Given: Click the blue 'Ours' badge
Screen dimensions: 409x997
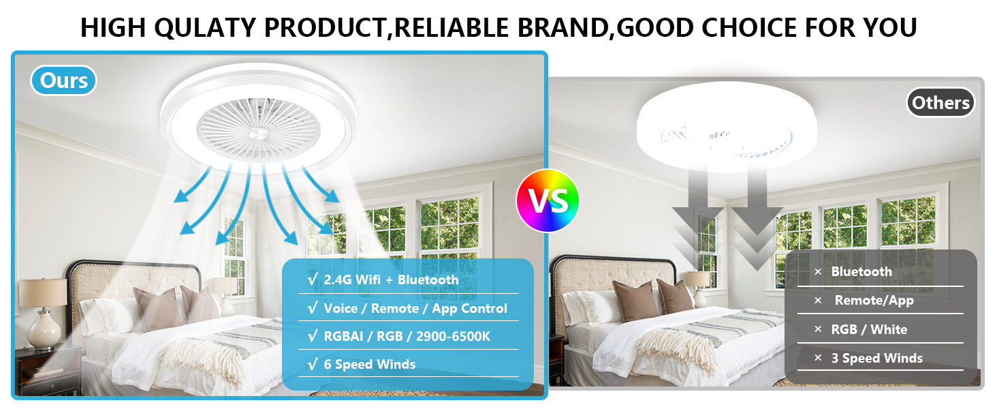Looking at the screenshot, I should tap(64, 80).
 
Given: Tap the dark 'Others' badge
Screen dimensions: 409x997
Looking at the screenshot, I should tap(940, 103).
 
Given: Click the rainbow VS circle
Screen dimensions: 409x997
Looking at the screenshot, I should tap(548, 200).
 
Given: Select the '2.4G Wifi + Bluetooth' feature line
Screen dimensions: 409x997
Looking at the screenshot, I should tap(391, 279).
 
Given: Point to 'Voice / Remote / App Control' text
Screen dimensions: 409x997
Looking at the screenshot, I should tap(415, 308).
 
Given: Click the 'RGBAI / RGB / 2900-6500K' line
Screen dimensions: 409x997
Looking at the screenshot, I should tap(407, 336).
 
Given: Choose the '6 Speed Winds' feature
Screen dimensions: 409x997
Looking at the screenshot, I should tap(369, 364).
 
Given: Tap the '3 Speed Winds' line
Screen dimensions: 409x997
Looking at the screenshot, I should tap(876, 358).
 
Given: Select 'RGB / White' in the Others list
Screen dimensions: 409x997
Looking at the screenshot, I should tap(869, 329).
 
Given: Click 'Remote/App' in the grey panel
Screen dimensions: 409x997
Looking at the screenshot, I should tap(874, 300).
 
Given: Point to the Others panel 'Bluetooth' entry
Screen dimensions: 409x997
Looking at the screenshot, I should tap(861, 271).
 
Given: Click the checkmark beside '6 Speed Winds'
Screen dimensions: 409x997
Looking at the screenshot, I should tap(312, 364).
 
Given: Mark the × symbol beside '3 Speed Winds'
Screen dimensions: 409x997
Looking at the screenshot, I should tap(818, 359).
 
